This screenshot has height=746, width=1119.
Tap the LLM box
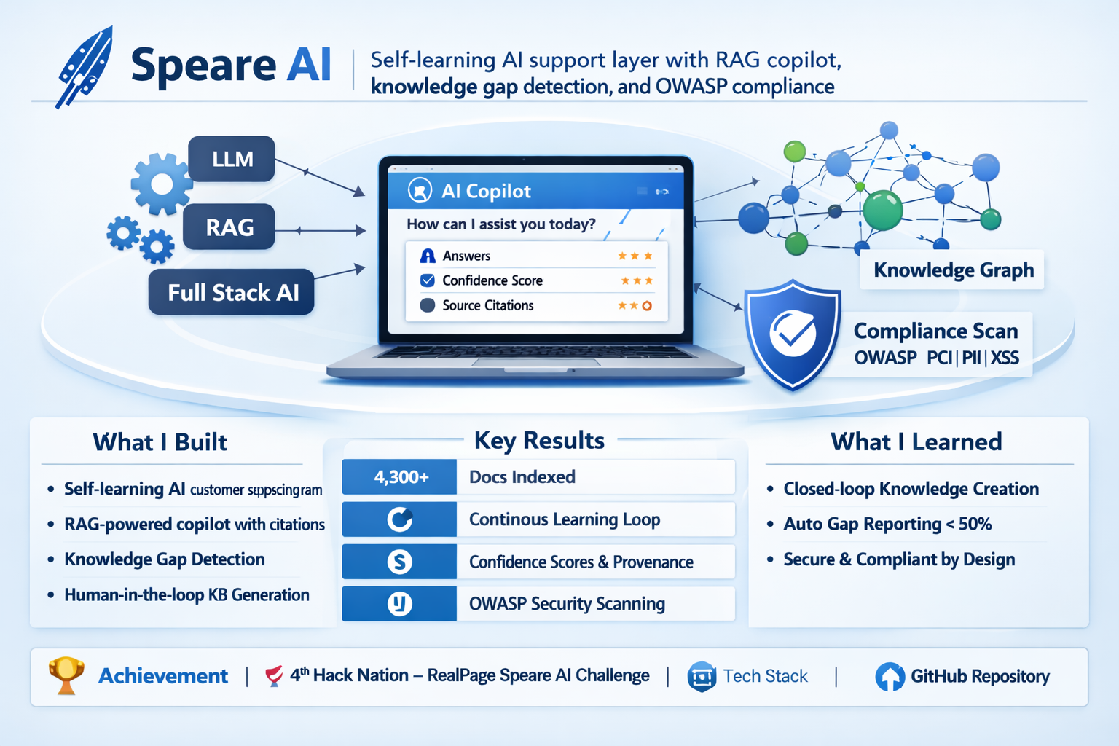pos(232,159)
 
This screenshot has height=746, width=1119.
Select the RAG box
pos(229,227)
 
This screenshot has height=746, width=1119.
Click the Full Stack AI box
pos(232,292)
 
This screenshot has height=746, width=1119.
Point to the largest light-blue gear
pos(161,184)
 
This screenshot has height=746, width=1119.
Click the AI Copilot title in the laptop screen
pos(486,191)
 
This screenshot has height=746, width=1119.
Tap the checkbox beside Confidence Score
pos(428,280)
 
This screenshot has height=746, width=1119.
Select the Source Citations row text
pos(487,305)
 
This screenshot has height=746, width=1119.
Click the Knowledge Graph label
pos(953,270)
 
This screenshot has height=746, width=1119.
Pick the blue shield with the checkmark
pos(793,334)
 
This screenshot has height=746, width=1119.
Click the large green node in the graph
pos(882,210)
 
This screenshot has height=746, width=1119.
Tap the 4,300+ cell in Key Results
pos(400,477)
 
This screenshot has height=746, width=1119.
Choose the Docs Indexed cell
pos(522,477)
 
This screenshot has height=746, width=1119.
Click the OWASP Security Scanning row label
pos(567,604)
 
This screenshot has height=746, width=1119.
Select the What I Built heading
pos(160,442)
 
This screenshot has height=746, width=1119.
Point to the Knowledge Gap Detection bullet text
pos(165,559)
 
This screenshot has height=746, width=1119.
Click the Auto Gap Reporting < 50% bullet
pos(887,525)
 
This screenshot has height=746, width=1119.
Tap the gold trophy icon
pos(66,675)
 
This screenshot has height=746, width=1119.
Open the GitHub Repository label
pos(979,677)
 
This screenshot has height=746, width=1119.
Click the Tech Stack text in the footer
pos(765,677)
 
